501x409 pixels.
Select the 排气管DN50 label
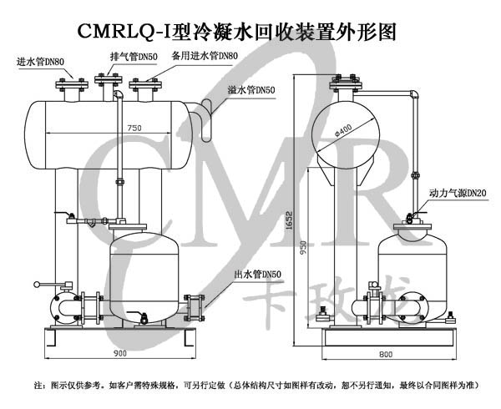point(134,57)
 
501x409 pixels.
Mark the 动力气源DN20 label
point(458,193)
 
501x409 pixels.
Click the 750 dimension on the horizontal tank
point(134,128)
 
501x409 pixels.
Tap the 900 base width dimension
point(119,353)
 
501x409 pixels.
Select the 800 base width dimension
point(384,354)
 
